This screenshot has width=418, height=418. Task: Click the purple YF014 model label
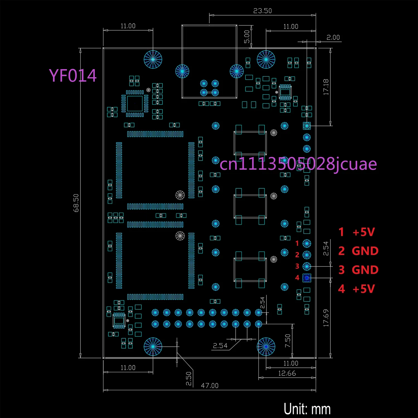coord(73,76)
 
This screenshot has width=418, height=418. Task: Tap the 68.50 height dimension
coord(76,203)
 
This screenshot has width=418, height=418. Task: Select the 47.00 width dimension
coord(210,386)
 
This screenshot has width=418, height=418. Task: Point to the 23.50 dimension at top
coord(263,11)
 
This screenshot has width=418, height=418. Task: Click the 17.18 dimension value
coord(326,87)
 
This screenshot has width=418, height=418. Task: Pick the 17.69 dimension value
coord(326,318)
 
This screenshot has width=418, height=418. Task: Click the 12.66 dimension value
coord(287,373)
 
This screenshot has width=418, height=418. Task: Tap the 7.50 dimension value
coord(288,341)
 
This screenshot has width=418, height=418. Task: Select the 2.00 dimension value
coord(333,38)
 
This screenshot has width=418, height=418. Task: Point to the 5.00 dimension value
coord(247,37)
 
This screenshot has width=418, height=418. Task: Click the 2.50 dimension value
coord(189,379)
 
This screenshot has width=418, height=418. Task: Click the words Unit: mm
coord(307,409)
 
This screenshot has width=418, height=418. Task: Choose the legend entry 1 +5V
coord(357,232)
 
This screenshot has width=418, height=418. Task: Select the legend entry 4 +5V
coord(356,289)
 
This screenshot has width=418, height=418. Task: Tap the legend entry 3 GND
coord(358,270)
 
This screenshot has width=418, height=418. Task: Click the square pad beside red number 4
coord(307,278)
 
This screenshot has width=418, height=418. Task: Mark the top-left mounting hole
coord(153,59)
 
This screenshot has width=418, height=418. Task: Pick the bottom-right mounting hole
coord(266,347)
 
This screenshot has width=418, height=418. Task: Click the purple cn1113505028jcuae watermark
coord(298,164)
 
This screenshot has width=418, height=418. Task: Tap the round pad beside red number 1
coord(307,244)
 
